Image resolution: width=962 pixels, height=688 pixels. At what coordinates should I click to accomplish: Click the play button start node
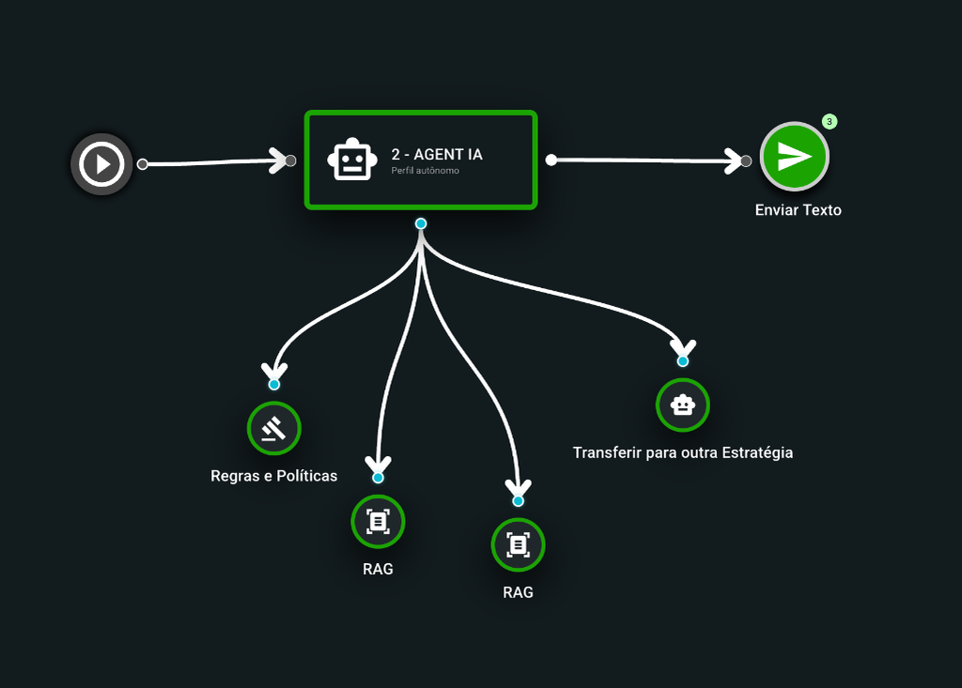(101, 164)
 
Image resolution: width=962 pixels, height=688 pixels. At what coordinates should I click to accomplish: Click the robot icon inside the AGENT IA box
(351, 161)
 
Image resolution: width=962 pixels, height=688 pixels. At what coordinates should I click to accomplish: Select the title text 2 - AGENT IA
(437, 155)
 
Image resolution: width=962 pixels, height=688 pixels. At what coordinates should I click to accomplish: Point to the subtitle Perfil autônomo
(425, 171)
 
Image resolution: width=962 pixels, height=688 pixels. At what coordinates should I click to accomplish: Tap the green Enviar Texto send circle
(794, 157)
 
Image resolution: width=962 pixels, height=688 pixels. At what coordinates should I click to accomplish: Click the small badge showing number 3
(830, 121)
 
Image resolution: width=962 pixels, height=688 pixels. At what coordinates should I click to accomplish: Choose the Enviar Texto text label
(798, 210)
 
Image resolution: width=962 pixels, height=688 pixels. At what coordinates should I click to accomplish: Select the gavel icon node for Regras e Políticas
(273, 429)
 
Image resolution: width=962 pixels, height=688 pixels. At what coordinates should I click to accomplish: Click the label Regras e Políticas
(273, 476)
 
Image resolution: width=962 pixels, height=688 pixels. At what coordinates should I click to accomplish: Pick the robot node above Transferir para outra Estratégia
(682, 405)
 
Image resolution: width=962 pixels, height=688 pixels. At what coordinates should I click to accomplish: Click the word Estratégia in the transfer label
(757, 452)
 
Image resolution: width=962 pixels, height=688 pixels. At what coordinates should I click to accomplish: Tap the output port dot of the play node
(143, 164)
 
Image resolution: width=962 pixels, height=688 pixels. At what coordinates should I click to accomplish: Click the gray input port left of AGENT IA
(291, 161)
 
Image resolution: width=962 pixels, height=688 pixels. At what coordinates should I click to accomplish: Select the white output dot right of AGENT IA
(551, 161)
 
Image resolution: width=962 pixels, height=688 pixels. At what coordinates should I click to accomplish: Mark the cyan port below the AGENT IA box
(421, 223)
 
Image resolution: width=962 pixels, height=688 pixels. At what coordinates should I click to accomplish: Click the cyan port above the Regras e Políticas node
(273, 385)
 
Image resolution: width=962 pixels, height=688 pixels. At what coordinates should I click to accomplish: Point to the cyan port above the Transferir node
(683, 360)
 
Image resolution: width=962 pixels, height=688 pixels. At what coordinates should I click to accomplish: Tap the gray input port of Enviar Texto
(746, 161)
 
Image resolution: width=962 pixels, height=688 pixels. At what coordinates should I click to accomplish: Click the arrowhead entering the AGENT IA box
(279, 161)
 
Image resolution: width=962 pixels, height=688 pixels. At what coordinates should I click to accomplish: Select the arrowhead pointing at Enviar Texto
(734, 161)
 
